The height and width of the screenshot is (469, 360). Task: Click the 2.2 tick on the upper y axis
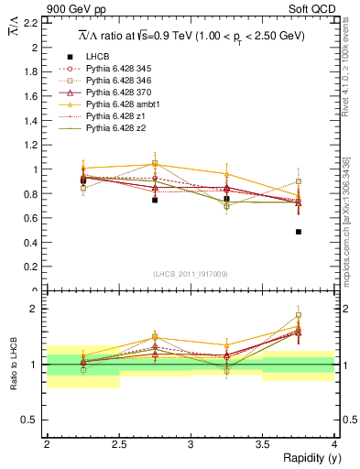pyautogui.click(x=33, y=23)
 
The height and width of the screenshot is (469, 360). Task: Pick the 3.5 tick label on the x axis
pyautogui.click(x=263, y=444)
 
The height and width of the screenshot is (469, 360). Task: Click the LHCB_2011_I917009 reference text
pyautogui.click(x=191, y=273)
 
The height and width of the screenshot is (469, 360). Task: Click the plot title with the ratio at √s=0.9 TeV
pyautogui.click(x=191, y=36)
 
